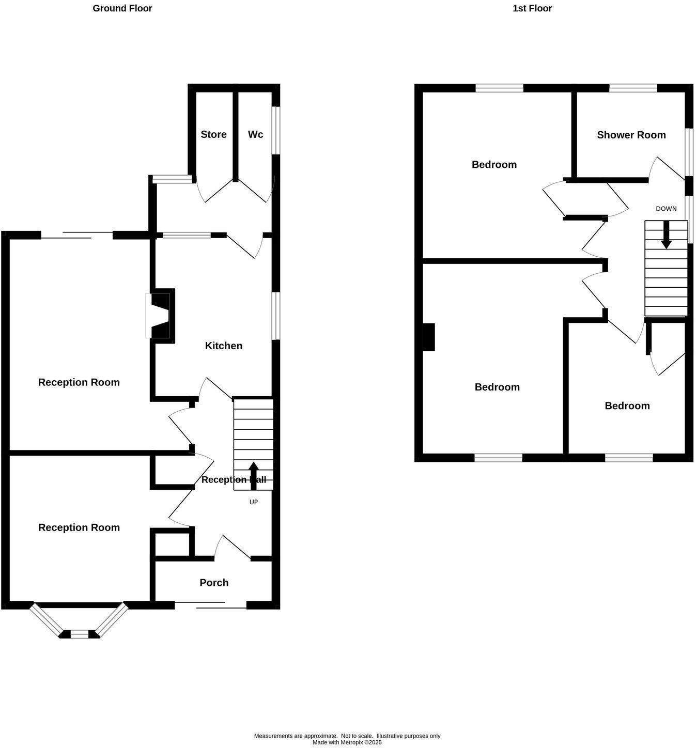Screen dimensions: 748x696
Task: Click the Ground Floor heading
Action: point(122,8)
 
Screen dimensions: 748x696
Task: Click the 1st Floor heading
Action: point(532,8)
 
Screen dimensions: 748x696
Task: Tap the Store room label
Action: point(213,134)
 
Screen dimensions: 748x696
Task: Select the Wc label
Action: point(255,134)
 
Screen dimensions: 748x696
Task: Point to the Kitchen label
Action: point(224,346)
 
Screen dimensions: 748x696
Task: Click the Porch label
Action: point(214,583)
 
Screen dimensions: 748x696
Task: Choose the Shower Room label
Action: point(631,135)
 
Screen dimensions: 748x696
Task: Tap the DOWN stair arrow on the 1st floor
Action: point(667,235)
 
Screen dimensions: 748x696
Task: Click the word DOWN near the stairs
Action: point(666,209)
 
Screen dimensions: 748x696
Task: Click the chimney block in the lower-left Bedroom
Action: point(429,337)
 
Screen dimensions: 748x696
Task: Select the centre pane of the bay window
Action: point(79,634)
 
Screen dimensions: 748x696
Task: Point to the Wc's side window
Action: point(276,130)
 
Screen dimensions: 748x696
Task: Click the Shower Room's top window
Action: point(633,88)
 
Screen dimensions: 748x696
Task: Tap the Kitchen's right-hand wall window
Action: point(276,316)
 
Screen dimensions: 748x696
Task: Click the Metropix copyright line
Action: point(347,742)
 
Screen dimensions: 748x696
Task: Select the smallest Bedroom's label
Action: point(627,406)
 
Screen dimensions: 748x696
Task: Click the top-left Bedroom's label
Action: point(494,164)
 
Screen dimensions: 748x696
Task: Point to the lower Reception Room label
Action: point(79,527)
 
